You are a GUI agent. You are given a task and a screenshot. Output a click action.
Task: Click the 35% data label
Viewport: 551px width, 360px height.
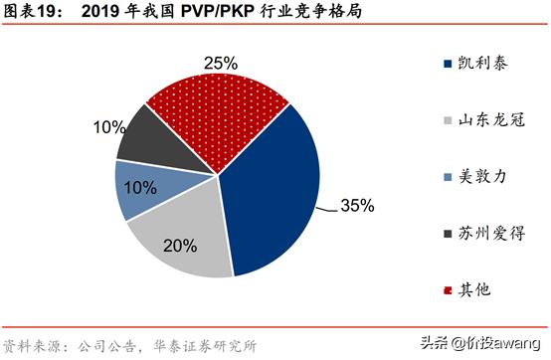pos(356,206)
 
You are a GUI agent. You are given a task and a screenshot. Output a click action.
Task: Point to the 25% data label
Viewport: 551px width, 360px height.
pos(220,63)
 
